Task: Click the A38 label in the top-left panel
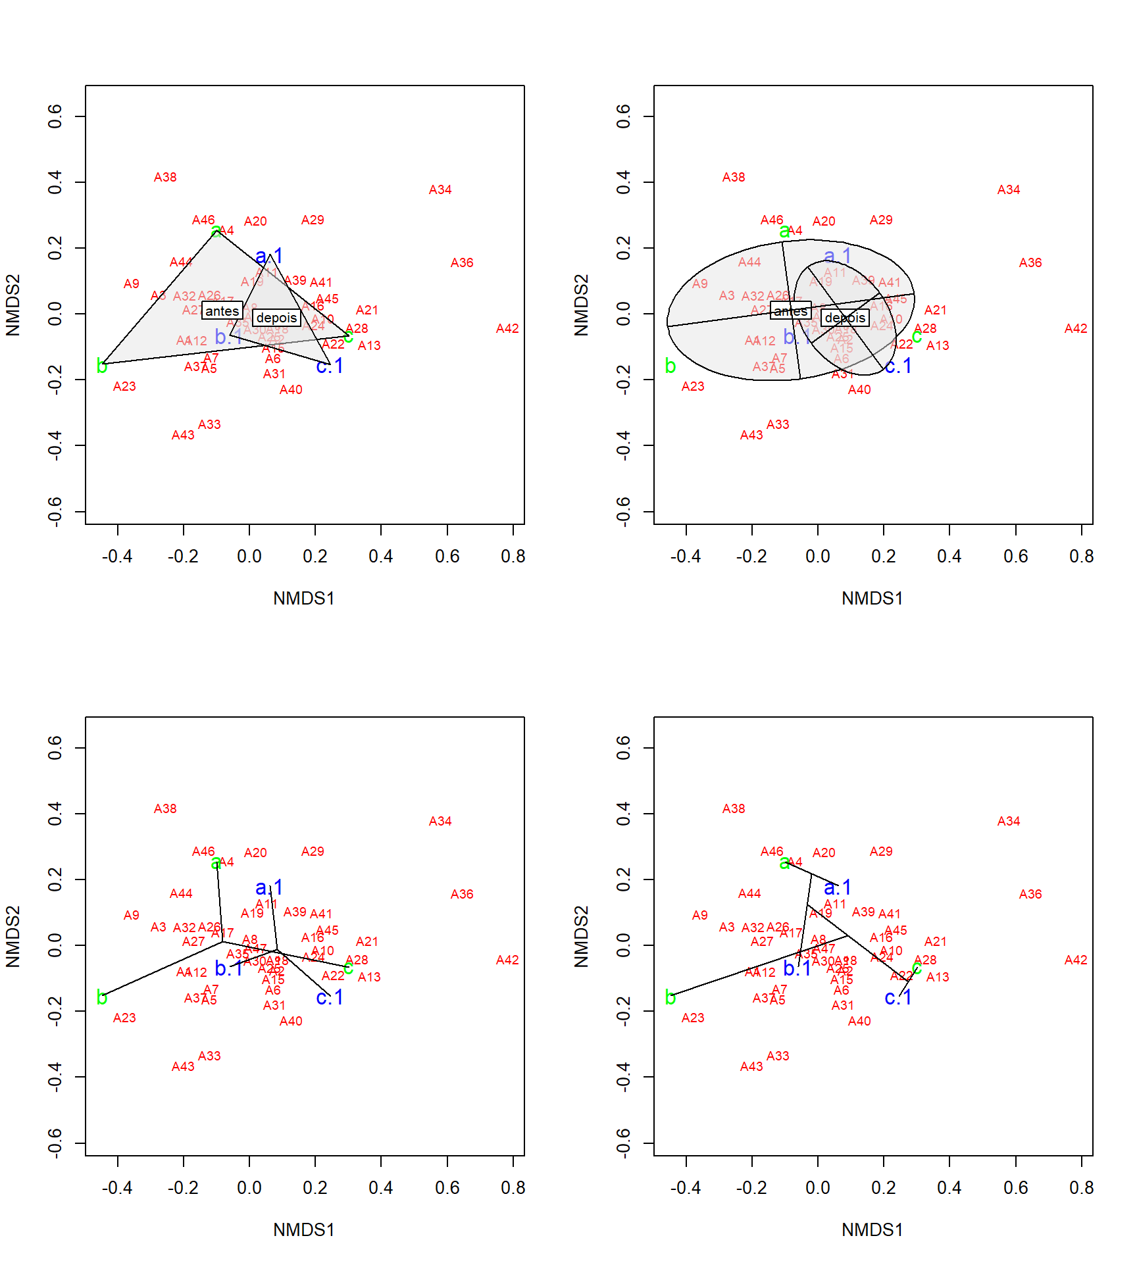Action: coord(165,177)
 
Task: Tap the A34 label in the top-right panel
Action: coord(1009,189)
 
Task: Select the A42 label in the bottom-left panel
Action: coord(507,960)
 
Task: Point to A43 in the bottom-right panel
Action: coord(751,1066)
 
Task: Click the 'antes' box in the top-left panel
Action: coord(222,311)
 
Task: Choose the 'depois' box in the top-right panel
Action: coord(846,318)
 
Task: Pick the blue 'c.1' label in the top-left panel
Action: coord(330,366)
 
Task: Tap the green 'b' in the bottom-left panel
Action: coord(102,997)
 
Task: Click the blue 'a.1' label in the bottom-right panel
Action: coord(838,887)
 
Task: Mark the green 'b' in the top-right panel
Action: coord(670,366)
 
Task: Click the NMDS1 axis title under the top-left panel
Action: coord(304,598)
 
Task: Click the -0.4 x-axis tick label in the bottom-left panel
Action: coord(118,1188)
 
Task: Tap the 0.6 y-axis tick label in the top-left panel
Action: coord(55,116)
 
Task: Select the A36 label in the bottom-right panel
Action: coord(1030,894)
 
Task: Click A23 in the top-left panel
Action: coord(124,386)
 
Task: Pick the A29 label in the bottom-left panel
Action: coord(313,851)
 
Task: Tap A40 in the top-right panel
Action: coord(859,389)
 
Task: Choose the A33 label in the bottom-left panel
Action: coord(209,1056)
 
